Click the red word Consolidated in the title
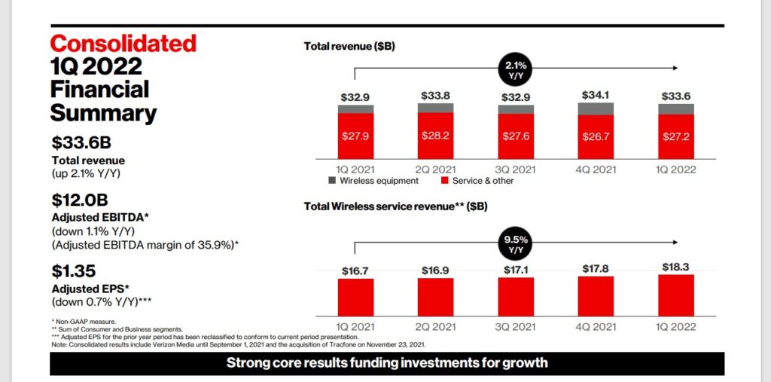pos(123,43)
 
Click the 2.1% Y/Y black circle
pos(516,71)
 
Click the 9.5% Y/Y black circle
pos(516,243)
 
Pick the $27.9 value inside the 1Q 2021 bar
pos(355,136)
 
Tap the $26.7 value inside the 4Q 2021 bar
pos(596,137)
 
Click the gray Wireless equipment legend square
pos(331,181)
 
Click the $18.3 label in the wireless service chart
pos(676,267)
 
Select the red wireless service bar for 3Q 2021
pos(516,296)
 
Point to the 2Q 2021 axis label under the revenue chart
pos(435,170)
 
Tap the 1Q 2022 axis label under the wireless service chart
pos(675,326)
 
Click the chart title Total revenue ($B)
pos(349,46)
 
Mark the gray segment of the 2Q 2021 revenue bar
pos(435,108)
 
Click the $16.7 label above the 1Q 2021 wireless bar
pos(355,270)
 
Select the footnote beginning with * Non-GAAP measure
pos(80,322)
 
